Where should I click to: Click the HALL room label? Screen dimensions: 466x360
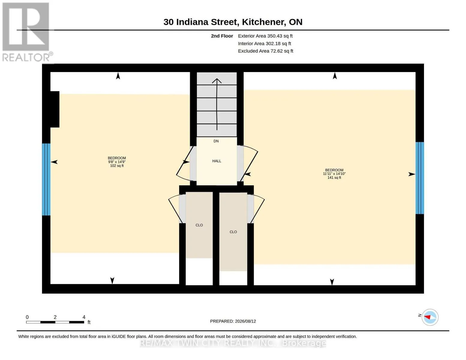(217, 161)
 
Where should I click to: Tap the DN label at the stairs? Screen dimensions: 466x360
(216, 141)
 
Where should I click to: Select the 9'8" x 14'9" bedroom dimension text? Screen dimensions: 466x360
(117, 162)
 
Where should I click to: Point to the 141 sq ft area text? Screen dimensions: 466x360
(334, 178)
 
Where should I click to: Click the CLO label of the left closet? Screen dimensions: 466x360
(199, 225)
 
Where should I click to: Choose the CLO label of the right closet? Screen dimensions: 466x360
(233, 232)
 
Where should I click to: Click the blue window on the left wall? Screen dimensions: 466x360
(46, 179)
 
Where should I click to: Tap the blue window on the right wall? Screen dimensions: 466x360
(420, 178)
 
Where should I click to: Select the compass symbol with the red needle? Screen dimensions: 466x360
(430, 317)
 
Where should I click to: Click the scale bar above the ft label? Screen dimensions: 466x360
(55, 322)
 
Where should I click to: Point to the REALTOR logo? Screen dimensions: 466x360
(27, 32)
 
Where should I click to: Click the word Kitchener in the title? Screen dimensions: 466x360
(264, 22)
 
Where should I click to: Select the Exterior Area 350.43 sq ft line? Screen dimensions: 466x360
(265, 36)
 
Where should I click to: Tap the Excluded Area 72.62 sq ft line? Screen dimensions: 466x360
(266, 51)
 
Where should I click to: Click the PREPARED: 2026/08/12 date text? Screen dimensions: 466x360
(233, 321)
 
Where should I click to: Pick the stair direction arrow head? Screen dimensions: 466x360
(217, 81)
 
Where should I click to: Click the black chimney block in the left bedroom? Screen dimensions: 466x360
(55, 109)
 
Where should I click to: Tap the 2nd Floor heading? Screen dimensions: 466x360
(222, 36)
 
